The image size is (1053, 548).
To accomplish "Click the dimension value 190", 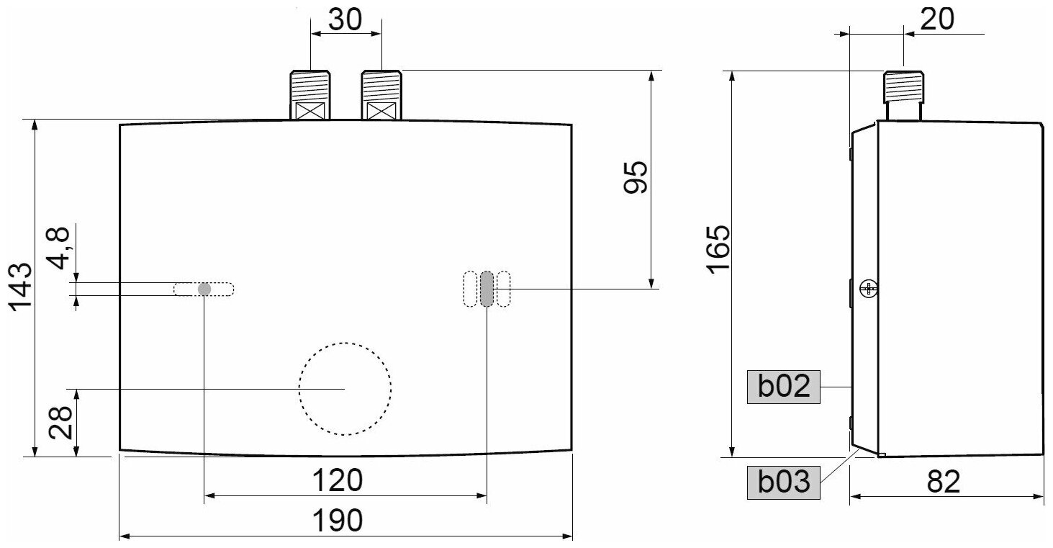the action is (x=340, y=520).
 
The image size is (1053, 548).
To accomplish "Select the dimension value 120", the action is (x=340, y=480).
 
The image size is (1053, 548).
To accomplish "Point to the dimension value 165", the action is (x=717, y=249).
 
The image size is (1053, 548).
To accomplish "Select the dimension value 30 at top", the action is (x=345, y=19).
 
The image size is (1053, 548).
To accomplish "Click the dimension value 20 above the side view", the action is (x=936, y=19).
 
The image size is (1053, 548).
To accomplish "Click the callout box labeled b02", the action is (x=784, y=387).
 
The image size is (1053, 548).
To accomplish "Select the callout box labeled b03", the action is (x=784, y=481).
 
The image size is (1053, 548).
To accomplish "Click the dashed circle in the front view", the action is (x=345, y=388).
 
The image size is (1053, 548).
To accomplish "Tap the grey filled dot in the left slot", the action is (x=204, y=289).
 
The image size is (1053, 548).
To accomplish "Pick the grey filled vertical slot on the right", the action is (x=487, y=289).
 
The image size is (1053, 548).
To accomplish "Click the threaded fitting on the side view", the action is (x=903, y=87).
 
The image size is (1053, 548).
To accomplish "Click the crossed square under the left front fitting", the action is (x=310, y=112).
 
